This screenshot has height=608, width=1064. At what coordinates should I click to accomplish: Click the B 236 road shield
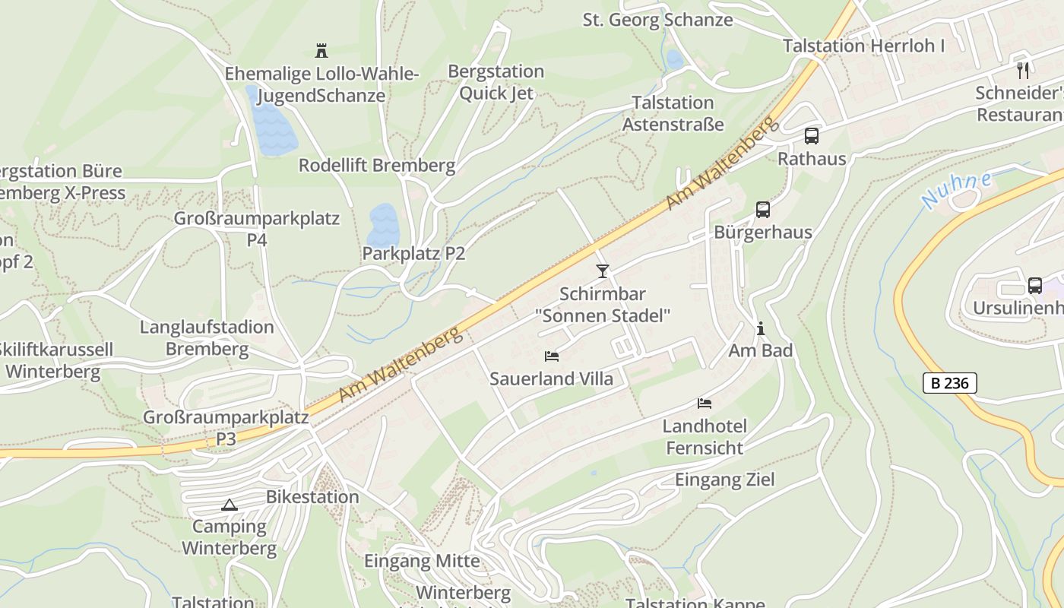click(x=950, y=383)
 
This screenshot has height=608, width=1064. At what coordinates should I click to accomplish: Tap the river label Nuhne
click(x=956, y=191)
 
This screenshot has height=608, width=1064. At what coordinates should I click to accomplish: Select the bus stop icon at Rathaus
click(x=812, y=136)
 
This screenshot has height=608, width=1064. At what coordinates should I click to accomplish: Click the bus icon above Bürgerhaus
click(x=762, y=210)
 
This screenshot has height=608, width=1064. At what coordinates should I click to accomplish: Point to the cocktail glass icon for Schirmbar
click(x=603, y=271)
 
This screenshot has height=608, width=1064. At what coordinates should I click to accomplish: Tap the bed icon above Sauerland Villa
click(x=552, y=356)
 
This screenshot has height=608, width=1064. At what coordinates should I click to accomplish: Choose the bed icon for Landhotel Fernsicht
click(x=705, y=403)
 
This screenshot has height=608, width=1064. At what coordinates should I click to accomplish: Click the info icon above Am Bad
click(x=760, y=328)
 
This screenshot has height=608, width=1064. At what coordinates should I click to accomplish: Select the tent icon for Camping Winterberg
click(x=230, y=505)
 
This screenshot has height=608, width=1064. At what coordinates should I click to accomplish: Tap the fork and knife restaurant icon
click(x=1023, y=70)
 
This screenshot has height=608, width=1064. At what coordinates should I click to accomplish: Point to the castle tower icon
click(x=321, y=51)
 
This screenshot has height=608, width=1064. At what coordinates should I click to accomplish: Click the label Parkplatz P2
click(x=413, y=253)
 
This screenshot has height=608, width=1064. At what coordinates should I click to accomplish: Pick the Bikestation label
click(x=312, y=497)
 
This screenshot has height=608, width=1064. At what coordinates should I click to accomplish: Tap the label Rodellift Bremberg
click(x=376, y=165)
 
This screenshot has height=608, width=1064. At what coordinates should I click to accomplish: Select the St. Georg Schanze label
click(x=657, y=20)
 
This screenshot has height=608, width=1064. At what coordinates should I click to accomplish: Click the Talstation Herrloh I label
click(x=863, y=46)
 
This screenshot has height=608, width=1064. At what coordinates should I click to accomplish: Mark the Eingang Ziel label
click(x=725, y=480)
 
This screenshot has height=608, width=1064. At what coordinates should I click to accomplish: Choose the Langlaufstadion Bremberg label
click(x=207, y=338)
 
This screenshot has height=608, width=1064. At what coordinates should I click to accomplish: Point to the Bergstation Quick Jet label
click(x=496, y=82)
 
